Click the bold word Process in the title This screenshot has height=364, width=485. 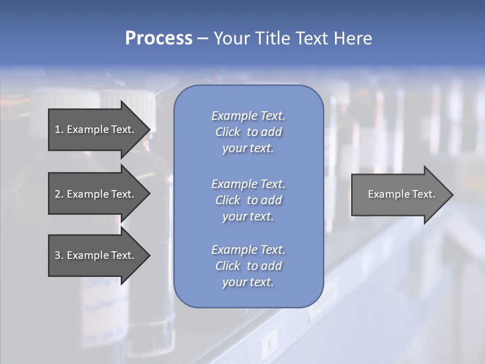pyautogui.click(x=159, y=38)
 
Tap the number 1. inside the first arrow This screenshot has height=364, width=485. pyautogui.click(x=59, y=129)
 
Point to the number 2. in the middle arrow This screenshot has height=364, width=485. pyautogui.click(x=59, y=194)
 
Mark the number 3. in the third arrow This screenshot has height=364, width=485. pyautogui.click(x=59, y=255)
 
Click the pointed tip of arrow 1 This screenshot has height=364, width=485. pyautogui.click(x=149, y=129)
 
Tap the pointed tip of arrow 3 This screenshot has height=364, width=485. pyautogui.click(x=149, y=255)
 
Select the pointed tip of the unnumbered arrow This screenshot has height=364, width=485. pyautogui.click(x=451, y=195)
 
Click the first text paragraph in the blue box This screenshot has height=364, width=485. pyautogui.click(x=248, y=132)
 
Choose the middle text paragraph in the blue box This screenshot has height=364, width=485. pyautogui.click(x=248, y=200)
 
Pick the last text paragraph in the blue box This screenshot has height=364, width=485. pyautogui.click(x=248, y=266)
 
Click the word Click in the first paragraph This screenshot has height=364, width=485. pyautogui.click(x=228, y=132)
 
